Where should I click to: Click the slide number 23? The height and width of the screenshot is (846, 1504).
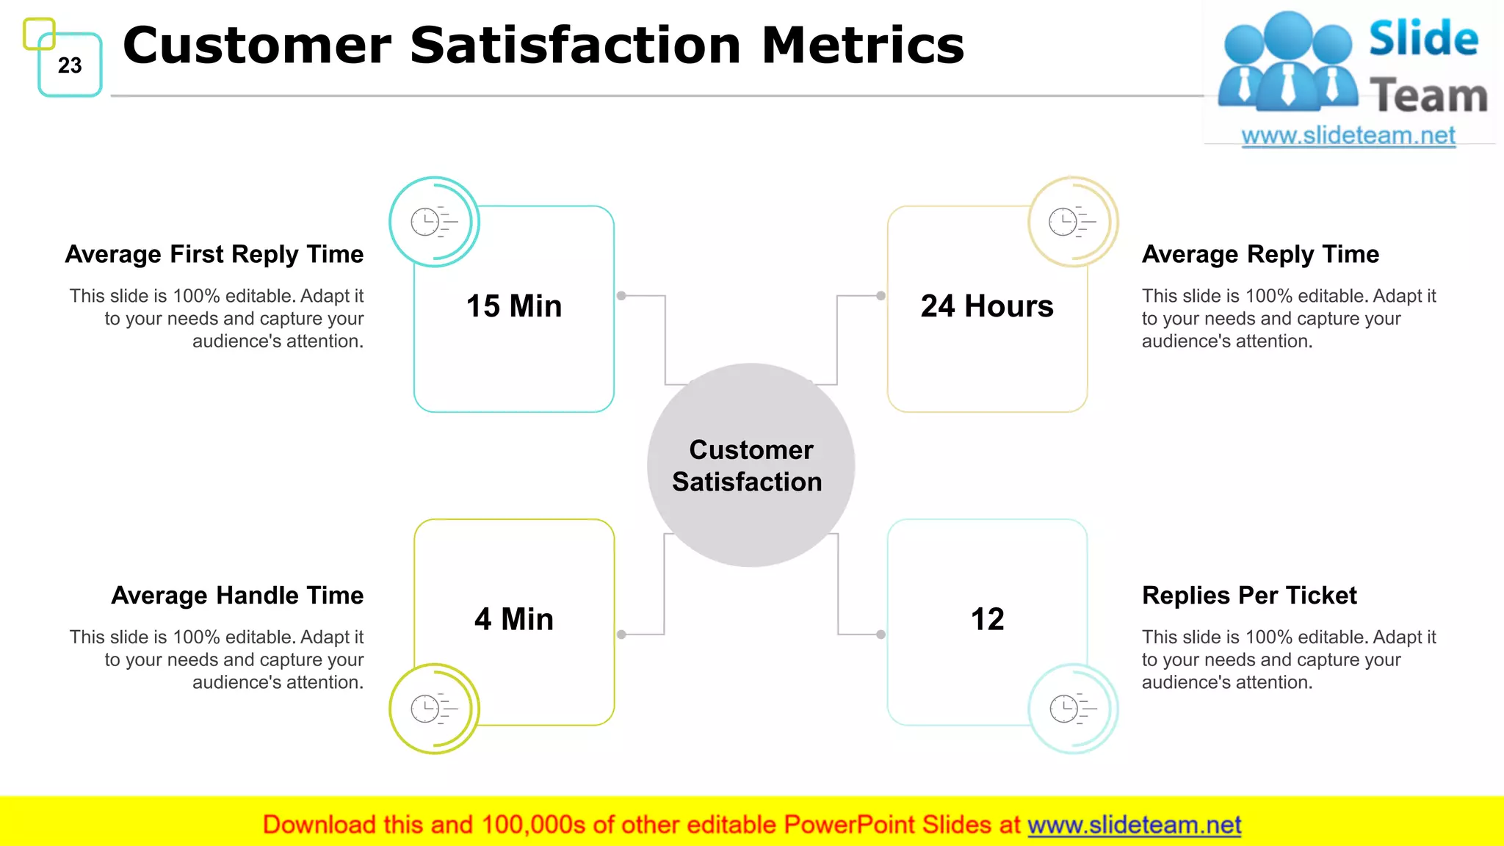tap(70, 65)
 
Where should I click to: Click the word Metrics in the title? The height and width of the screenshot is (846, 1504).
tap(862, 46)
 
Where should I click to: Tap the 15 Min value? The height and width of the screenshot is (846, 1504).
tap(513, 306)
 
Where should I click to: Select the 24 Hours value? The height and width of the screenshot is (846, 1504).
tap(986, 306)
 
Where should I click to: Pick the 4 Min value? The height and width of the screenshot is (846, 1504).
tap(513, 619)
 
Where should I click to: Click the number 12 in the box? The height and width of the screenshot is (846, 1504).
tap(987, 619)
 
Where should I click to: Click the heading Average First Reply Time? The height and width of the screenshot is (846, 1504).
tap(214, 254)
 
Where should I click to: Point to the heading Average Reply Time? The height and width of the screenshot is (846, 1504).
tap(1260, 254)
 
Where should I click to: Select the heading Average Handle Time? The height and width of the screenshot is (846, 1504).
tap(237, 595)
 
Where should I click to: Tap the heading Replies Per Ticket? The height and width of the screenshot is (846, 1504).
tap(1249, 595)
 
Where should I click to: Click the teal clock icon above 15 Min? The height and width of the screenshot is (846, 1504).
tap(433, 221)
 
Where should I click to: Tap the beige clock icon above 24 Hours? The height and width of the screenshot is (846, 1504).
tap(1072, 221)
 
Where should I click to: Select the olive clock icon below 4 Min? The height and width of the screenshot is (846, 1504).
tap(433, 709)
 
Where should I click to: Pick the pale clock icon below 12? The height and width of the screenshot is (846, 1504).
tap(1072, 709)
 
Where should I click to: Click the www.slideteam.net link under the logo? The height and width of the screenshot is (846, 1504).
tap(1348, 136)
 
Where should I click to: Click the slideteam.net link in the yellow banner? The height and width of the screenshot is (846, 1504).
tap(1134, 825)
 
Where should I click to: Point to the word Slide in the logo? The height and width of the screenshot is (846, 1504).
tap(1423, 38)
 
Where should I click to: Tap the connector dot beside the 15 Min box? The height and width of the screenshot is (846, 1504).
tap(621, 296)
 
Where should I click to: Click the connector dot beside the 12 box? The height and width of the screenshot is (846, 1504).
tap(881, 634)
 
